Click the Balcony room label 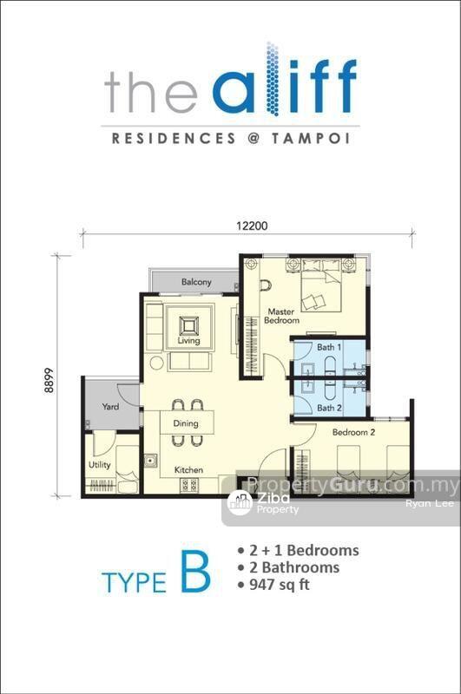pyautogui.click(x=196, y=282)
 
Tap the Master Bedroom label pyautogui.click(x=281, y=316)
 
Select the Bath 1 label pyautogui.click(x=329, y=347)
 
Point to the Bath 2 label pyautogui.click(x=329, y=408)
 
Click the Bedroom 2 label pyautogui.click(x=353, y=432)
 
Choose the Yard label pyautogui.click(x=110, y=406)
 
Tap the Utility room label pyautogui.click(x=99, y=465)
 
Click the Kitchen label pyautogui.click(x=188, y=470)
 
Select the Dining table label pyautogui.click(x=186, y=423)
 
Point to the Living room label pyautogui.click(x=188, y=341)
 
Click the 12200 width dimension pyautogui.click(x=252, y=226)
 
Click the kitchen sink pyautogui.click(x=151, y=461)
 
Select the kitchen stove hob pyautogui.click(x=188, y=486)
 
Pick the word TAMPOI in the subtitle pyautogui.click(x=311, y=139)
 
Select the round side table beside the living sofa pyautogui.click(x=157, y=363)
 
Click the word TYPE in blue pyautogui.click(x=134, y=581)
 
